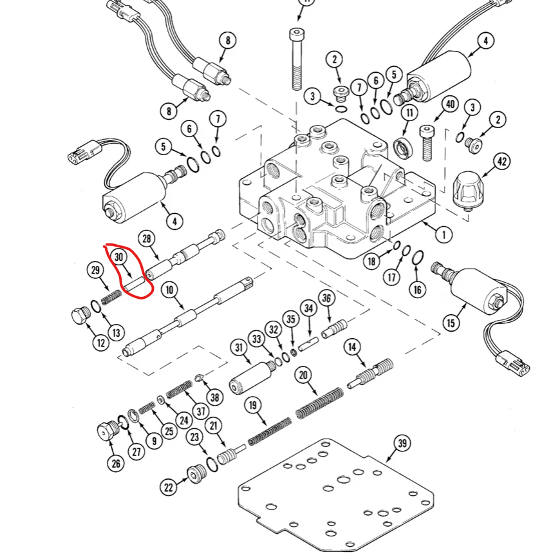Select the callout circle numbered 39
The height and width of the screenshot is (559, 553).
coord(402,443)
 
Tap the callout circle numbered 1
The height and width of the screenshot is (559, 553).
coord(443,235)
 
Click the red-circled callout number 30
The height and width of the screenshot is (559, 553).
coord(118,256)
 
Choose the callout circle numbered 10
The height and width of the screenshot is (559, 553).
coord(169,290)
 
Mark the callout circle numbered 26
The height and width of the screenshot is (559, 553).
coord(115,462)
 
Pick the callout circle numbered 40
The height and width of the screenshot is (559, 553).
coord(450,105)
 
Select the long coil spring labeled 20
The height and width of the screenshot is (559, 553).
coord(320,403)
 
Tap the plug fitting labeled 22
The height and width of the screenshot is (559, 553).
coord(195,477)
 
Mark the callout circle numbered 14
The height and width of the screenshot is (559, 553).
coord(352,348)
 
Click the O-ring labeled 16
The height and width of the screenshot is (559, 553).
coord(417,258)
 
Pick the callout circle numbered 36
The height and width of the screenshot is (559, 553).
coord(326,298)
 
